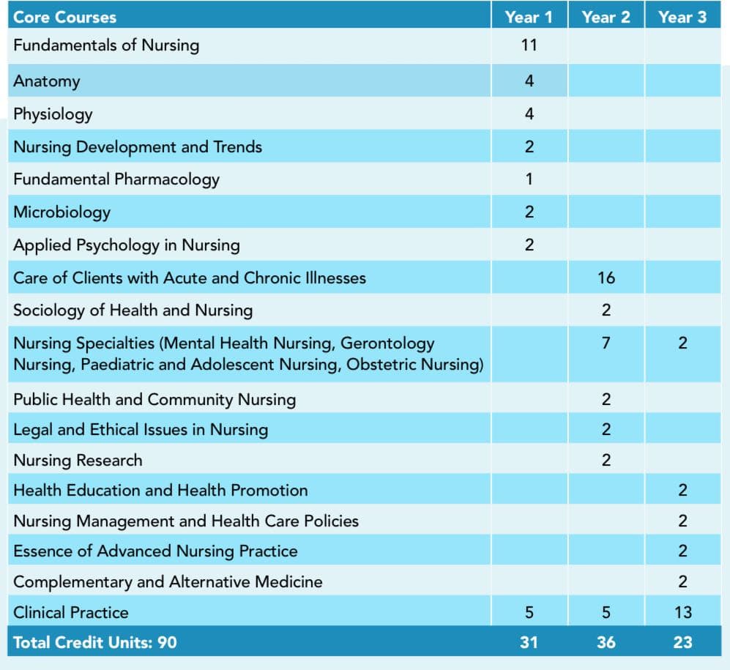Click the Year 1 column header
pos(529,18)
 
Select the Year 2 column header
pos(606,18)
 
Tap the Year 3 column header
pos(682,18)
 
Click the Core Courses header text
pos(64,18)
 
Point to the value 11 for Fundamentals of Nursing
pos(529,45)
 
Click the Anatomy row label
pos(47,81)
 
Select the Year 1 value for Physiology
pos(529,114)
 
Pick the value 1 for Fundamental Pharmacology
pos(529,179)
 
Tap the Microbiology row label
pos(62,212)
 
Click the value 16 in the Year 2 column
pos(606,278)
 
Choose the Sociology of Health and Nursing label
pos(133,310)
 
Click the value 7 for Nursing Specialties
pos(606,343)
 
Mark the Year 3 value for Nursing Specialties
pos(682,343)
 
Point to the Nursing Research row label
pos(78,461)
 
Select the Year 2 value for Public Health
pos(606,400)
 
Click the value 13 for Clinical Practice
pos(683,612)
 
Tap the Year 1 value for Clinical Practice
pos(529,612)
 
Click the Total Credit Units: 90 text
pos(95,642)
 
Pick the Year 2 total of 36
pos(606,642)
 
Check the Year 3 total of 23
pos(682,642)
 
